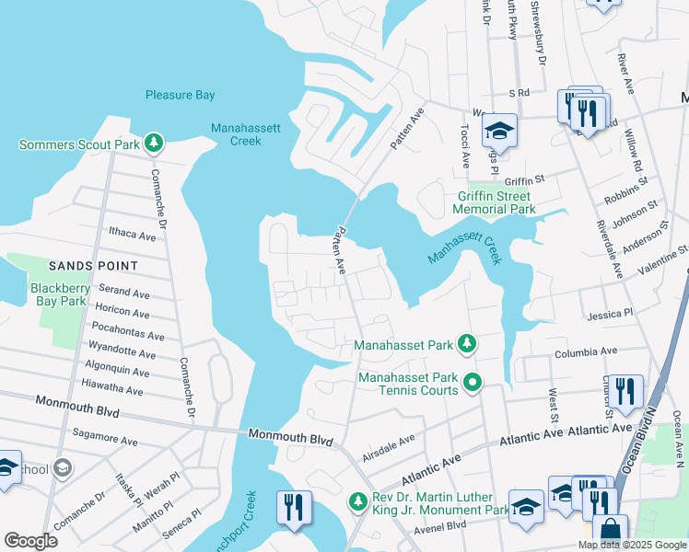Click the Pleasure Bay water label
click(180, 95)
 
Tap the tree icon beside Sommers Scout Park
click(156, 144)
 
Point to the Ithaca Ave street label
click(133, 236)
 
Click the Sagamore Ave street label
click(104, 443)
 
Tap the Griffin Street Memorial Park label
click(496, 202)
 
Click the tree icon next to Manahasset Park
click(468, 345)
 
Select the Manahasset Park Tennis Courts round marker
click(473, 381)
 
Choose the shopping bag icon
click(609, 532)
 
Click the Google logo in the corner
click(30, 541)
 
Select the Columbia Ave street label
click(585, 351)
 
